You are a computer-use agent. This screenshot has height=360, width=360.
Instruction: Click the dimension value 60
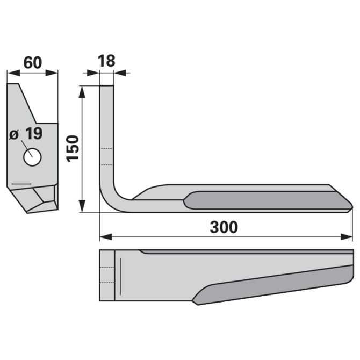(x=33, y=63)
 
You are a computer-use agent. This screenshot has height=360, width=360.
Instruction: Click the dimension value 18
(x=106, y=61)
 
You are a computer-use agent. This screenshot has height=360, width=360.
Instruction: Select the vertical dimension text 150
(x=73, y=148)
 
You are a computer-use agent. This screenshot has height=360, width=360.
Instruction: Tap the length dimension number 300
(x=224, y=227)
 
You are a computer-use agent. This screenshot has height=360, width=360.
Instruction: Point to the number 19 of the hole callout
(x=34, y=133)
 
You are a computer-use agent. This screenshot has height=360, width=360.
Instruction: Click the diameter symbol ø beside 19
(x=14, y=134)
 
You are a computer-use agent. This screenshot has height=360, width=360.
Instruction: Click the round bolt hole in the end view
(x=32, y=157)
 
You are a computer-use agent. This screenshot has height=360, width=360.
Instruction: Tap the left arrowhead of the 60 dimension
(x=13, y=73)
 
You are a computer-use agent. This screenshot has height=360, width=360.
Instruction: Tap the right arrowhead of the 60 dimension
(x=52, y=73)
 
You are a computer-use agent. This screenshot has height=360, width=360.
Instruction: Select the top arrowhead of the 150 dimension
(x=82, y=92)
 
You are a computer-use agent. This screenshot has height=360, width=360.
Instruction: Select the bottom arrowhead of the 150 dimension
(x=82, y=206)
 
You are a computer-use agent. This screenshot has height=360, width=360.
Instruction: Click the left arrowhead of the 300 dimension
(x=106, y=237)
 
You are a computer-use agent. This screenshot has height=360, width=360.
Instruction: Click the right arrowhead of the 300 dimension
(x=346, y=237)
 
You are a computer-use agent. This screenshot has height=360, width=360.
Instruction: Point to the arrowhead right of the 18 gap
(x=120, y=73)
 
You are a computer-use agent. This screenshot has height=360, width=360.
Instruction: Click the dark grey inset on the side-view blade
(x=267, y=200)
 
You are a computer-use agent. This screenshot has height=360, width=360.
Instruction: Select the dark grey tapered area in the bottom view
(x=273, y=285)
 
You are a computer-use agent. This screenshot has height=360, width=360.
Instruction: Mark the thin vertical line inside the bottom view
(x=120, y=276)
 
